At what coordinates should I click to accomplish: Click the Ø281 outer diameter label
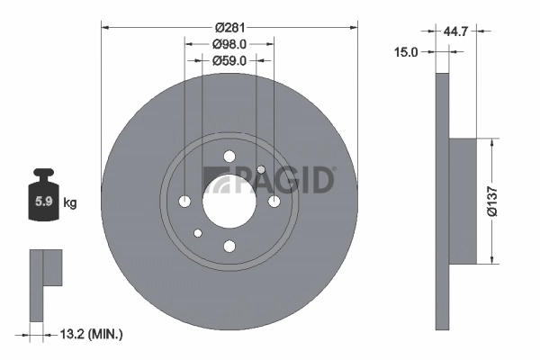(229, 28)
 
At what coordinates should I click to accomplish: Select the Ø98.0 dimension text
(229, 44)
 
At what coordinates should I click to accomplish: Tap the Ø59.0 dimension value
(229, 61)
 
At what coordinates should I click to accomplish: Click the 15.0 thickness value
(408, 53)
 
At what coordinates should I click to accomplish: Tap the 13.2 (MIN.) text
(88, 334)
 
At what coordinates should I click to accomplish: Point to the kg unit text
(70, 203)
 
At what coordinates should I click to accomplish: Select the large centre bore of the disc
(229, 200)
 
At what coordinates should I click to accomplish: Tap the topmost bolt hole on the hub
(229, 155)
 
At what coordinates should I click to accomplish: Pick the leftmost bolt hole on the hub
(184, 200)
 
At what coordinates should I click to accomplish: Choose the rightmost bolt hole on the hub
(273, 200)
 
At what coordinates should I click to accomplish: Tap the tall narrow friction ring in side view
(441, 201)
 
